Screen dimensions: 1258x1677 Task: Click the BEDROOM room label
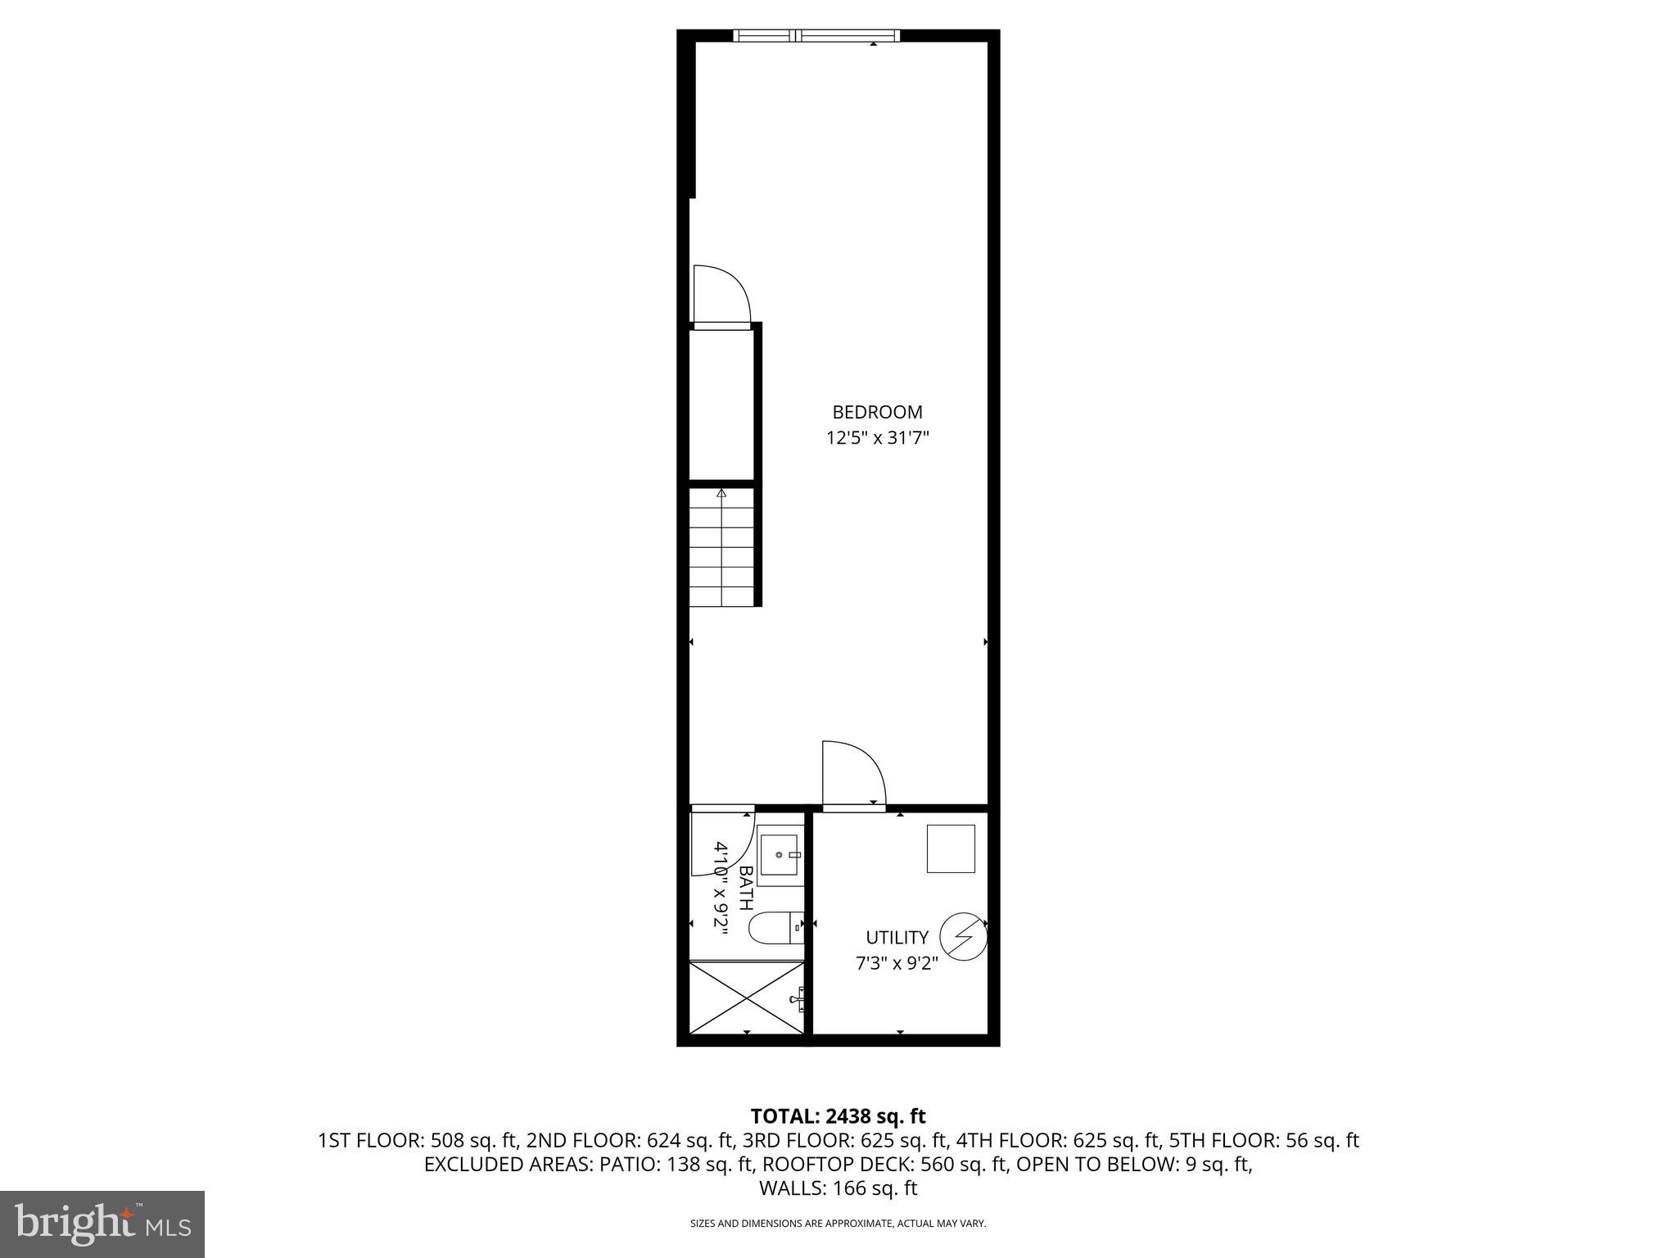pos(877,412)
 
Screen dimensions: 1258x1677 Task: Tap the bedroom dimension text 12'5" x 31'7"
pos(877,438)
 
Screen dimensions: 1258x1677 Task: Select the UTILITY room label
pos(897,937)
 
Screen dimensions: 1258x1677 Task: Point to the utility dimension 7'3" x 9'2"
pos(897,963)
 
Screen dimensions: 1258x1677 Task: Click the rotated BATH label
pos(746,889)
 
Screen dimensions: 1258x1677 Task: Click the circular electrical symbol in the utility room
pos(962,937)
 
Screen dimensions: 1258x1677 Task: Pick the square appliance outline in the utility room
pos(950,848)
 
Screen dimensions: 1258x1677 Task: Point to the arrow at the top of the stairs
pos(721,493)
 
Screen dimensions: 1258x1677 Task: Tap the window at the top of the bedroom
pos(816,35)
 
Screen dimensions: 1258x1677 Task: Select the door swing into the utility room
pos(853,774)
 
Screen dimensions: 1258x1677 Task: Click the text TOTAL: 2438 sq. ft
pos(838,1115)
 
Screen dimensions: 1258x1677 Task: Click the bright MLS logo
pos(102,1224)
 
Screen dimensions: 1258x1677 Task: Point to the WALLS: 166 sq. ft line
pos(838,1188)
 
